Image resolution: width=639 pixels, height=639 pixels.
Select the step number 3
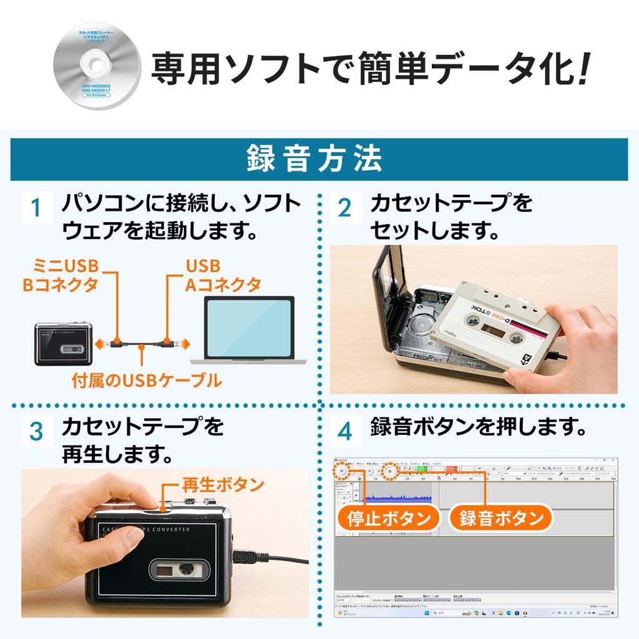36,431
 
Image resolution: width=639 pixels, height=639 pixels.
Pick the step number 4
344,431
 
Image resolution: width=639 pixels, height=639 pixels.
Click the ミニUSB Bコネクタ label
61,275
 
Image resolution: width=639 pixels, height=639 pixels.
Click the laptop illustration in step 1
248,330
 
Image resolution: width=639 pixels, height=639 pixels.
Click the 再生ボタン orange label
223,484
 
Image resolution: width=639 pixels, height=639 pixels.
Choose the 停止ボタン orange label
389,518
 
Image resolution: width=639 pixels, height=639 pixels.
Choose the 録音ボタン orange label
501,518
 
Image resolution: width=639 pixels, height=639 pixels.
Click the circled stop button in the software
342,472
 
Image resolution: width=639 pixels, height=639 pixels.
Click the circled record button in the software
389,472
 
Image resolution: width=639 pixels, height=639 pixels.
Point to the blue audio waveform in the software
397,498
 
